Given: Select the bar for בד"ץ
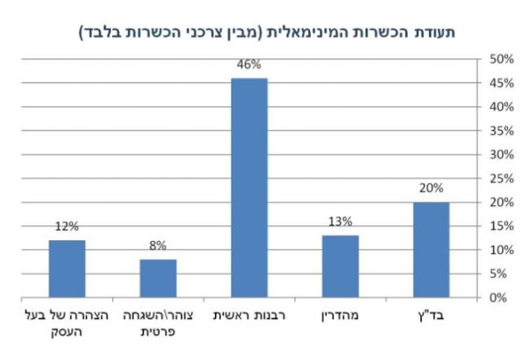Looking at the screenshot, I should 431,249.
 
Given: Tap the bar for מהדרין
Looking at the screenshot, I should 340,266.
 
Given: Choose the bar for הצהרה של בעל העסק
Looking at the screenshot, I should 66,268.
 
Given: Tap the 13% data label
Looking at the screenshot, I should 340,221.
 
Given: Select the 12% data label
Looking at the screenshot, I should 66,227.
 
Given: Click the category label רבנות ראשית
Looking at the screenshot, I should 249,314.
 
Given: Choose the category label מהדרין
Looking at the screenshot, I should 340,314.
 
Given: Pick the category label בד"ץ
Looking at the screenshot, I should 431,314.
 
